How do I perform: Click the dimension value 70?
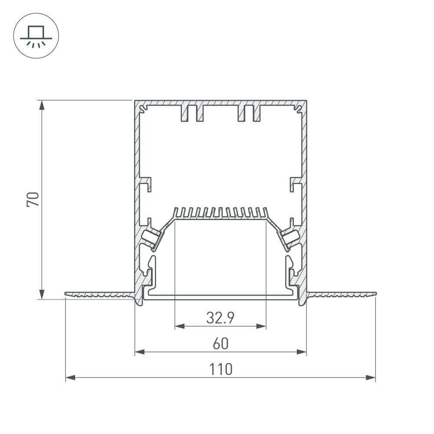pyautogui.click(x=34, y=199)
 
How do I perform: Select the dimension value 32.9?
pyautogui.click(x=220, y=319)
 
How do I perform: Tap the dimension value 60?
pyautogui.click(x=220, y=344)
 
